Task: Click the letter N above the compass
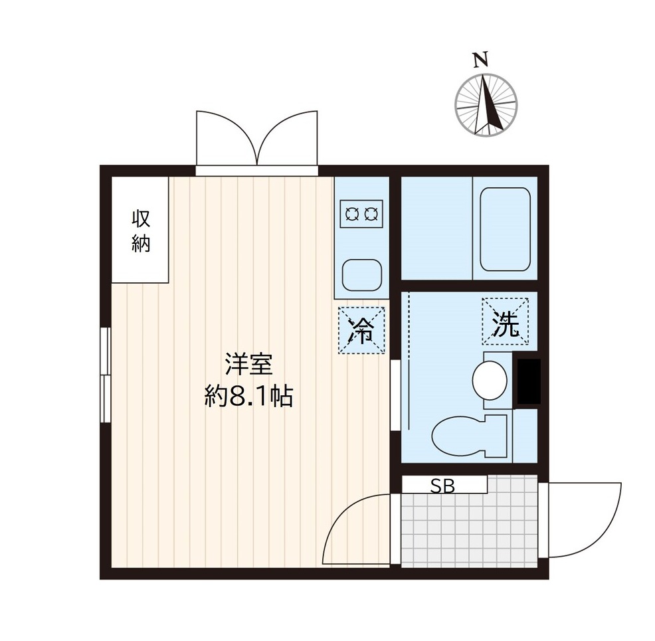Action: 480,59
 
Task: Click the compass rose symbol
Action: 486,105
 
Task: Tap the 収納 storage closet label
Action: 141,230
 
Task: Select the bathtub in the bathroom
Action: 505,229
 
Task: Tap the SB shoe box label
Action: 443,486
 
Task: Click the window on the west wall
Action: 105,375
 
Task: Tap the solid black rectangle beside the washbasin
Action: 528,381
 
